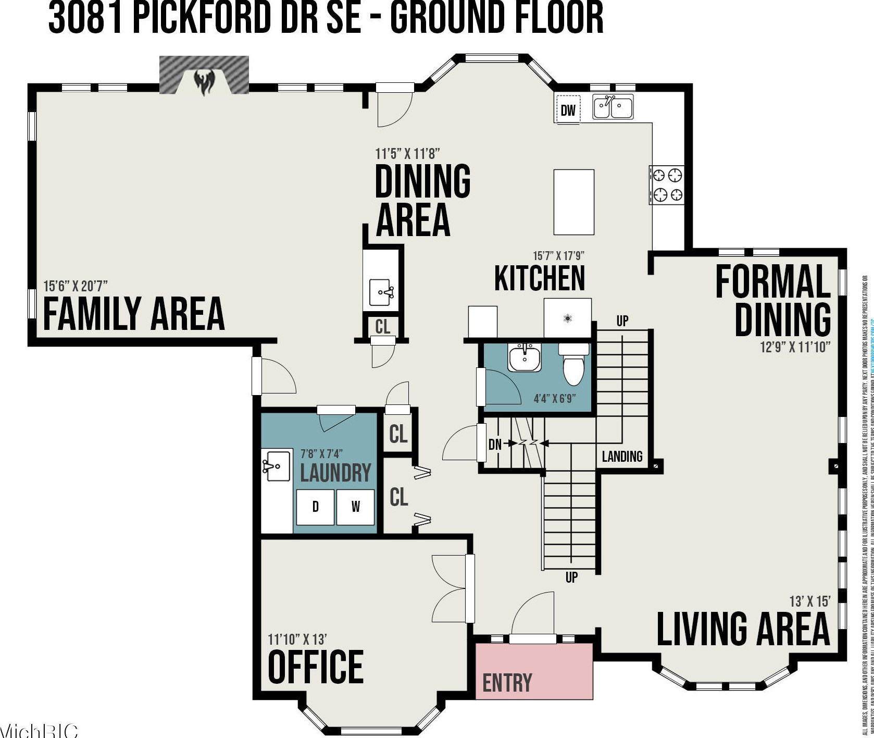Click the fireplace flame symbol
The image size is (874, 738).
pyautogui.click(x=204, y=83)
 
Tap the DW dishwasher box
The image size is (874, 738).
pyautogui.click(x=568, y=110)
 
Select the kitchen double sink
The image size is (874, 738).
pyautogui.click(x=613, y=107)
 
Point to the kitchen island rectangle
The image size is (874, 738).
pyautogui.click(x=573, y=202)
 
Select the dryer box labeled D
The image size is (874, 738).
pyautogui.click(x=315, y=507)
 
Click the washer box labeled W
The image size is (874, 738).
pyautogui.click(x=355, y=507)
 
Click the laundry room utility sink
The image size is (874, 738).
pyautogui.click(x=277, y=466)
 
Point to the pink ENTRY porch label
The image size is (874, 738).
pyautogui.click(x=507, y=682)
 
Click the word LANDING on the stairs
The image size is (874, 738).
pyautogui.click(x=622, y=457)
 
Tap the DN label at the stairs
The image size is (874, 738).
pyautogui.click(x=495, y=444)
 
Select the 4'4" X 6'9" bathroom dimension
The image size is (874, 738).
pyautogui.click(x=554, y=399)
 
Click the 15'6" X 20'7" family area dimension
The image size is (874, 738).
pyautogui.click(x=76, y=286)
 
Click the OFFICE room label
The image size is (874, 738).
pyautogui.click(x=315, y=667)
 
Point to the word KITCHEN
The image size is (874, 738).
pyautogui.click(x=540, y=278)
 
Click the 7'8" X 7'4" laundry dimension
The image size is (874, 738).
pyautogui.click(x=321, y=454)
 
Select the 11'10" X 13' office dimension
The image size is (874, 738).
pyautogui.click(x=297, y=639)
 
